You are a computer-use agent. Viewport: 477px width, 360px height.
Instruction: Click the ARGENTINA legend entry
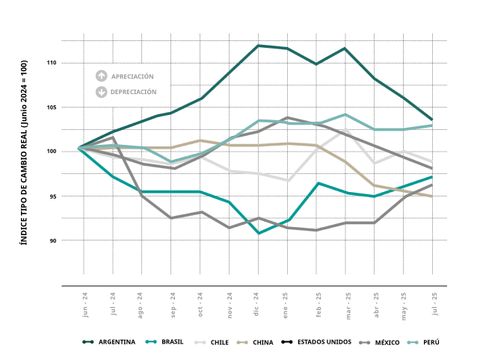click(x=108, y=342)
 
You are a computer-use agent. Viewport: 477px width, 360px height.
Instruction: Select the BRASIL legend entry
click(x=164, y=342)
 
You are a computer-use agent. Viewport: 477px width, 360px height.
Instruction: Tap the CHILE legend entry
click(x=212, y=342)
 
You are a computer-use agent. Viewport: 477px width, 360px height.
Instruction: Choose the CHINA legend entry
click(x=255, y=342)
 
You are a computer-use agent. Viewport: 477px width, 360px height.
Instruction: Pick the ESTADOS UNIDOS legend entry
click(x=316, y=342)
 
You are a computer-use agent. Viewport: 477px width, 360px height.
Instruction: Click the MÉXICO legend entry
click(x=379, y=342)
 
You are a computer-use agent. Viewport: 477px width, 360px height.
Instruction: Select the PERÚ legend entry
click(x=423, y=342)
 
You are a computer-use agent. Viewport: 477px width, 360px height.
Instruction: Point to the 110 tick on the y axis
click(x=52, y=63)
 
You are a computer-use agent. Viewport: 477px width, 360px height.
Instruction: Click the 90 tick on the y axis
click(x=53, y=240)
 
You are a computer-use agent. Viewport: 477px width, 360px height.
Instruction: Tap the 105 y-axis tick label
click(x=52, y=108)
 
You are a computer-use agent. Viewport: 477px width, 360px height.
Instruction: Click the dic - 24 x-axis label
click(x=256, y=304)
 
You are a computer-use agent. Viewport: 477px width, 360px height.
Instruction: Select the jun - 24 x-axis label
click(x=85, y=305)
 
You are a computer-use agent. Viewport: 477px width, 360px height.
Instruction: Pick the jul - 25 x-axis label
click(x=434, y=304)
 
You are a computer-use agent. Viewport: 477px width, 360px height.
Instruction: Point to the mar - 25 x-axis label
click(x=348, y=306)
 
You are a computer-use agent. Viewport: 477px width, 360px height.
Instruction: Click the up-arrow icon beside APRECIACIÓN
click(x=101, y=76)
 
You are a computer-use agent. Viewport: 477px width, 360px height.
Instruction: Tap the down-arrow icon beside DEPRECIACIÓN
click(x=101, y=92)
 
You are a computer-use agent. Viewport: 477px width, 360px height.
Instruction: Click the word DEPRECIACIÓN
click(x=133, y=92)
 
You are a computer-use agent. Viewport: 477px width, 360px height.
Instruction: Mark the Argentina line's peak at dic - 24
click(x=258, y=46)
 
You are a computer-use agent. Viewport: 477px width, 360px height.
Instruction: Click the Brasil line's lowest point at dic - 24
click(x=259, y=233)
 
